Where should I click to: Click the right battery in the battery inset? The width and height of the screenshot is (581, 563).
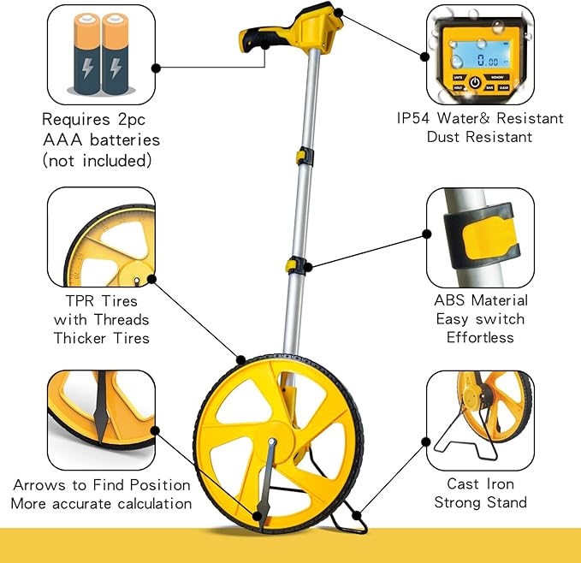tap(117, 56)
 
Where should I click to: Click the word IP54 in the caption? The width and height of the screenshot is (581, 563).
tap(417, 118)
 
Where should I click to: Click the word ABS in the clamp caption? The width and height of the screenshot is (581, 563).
tap(450, 300)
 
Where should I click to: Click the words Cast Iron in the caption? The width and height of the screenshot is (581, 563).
tap(480, 484)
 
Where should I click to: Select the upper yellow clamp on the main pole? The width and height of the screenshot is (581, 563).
tap(305, 156)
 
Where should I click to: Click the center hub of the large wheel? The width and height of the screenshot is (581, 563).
tap(272, 443)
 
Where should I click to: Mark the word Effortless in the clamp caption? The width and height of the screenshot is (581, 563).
tap(480, 337)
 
